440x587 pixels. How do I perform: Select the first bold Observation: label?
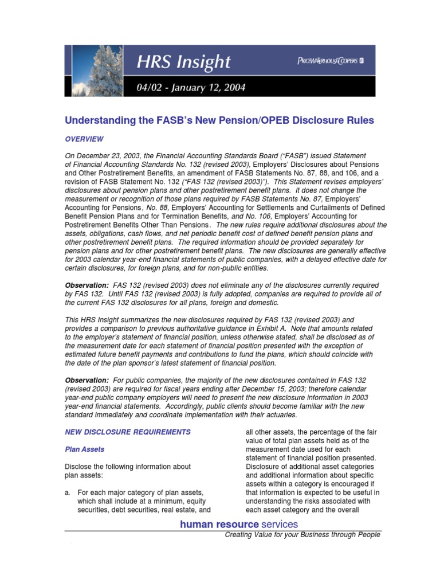coord(86,285)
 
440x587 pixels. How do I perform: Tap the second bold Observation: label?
coord(86,380)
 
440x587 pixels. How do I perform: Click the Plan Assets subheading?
coord(84,449)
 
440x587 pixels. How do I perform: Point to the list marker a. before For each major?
coord(67,492)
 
